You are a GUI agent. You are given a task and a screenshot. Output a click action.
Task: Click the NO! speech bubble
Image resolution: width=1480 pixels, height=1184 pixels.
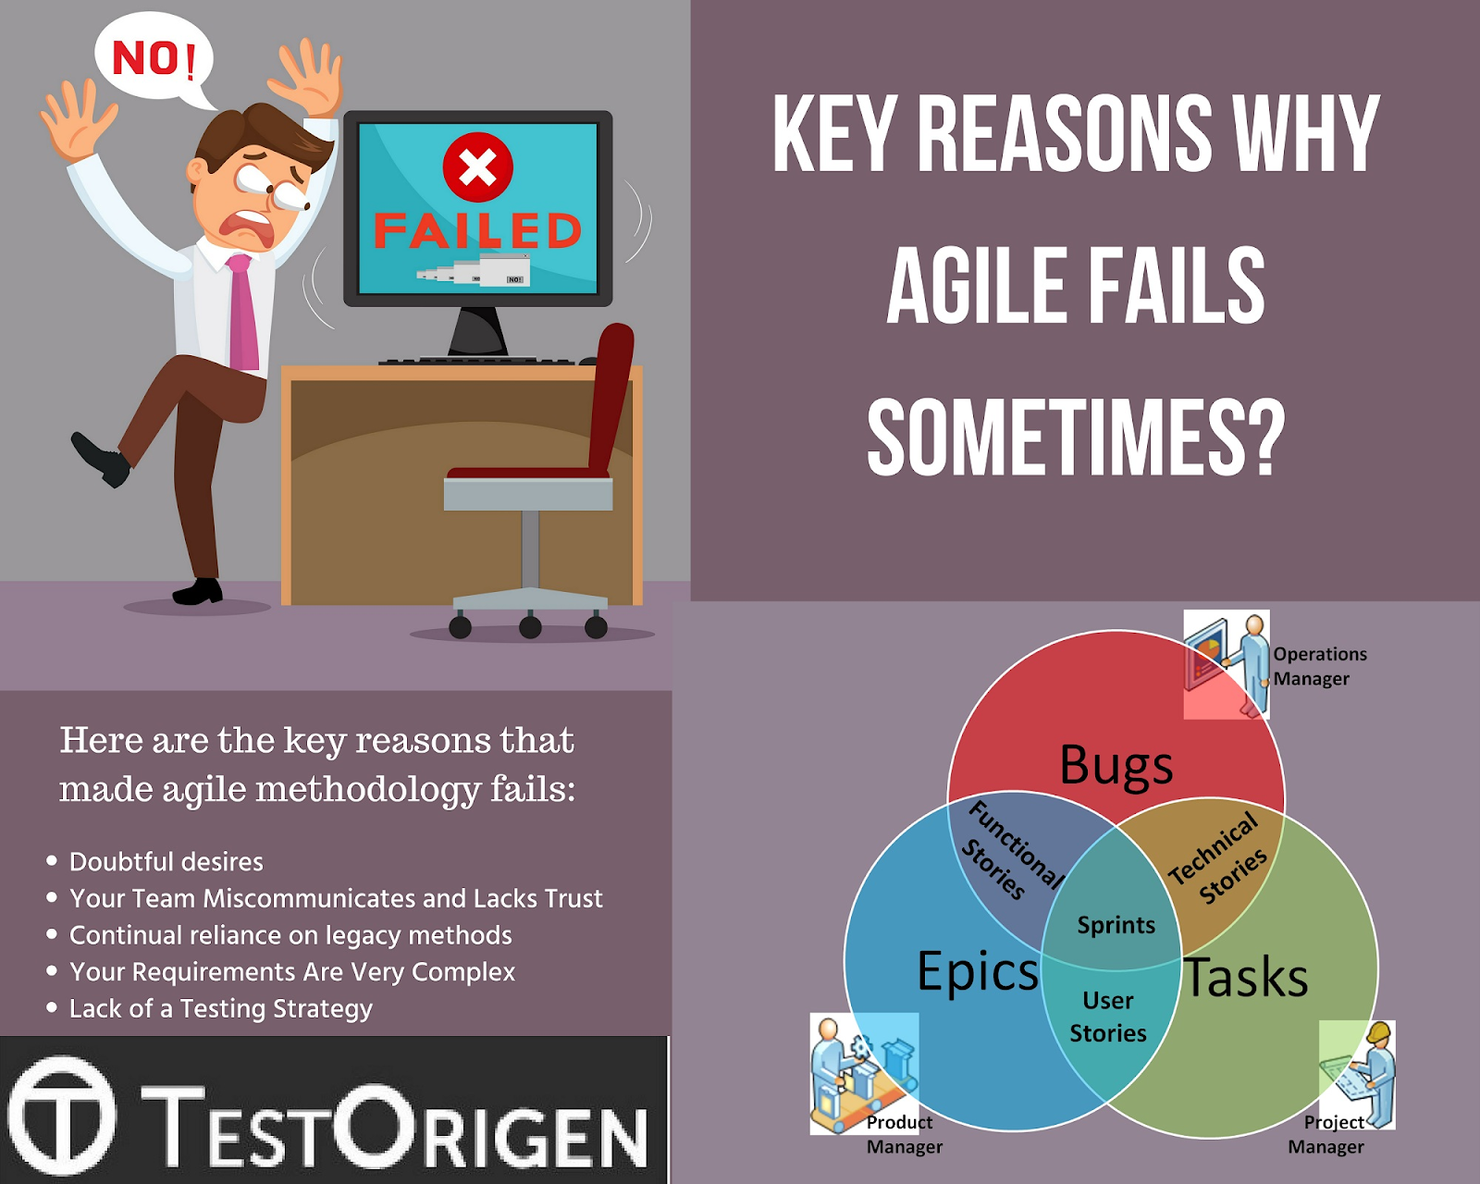153,57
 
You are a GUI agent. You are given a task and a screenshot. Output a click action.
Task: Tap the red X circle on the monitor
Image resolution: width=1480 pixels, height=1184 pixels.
478,167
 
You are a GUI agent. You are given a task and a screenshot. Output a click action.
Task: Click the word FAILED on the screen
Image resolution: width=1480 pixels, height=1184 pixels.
478,230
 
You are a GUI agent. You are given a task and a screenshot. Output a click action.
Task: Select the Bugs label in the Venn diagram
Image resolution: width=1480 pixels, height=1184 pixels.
1116,766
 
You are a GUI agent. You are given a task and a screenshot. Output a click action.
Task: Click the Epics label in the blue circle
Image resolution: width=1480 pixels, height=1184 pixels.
978,970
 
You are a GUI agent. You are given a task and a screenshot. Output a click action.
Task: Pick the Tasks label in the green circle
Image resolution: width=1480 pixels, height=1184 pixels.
1245,977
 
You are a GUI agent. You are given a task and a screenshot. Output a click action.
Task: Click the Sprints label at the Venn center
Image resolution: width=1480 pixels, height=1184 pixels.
1116,926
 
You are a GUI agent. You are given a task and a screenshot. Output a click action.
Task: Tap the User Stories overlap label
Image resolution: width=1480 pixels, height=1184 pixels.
1108,1017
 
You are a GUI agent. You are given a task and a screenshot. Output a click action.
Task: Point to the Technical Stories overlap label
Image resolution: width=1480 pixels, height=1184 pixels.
1218,857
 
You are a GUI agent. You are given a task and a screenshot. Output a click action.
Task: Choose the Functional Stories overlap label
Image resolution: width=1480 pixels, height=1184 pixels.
1012,850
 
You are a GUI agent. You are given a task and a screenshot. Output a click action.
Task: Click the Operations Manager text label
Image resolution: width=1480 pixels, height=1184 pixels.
1320,666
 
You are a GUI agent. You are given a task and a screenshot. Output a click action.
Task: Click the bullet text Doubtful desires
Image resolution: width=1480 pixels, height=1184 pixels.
166,862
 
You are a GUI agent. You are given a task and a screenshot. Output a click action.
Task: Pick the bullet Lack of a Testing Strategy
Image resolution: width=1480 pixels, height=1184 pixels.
221,1009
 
